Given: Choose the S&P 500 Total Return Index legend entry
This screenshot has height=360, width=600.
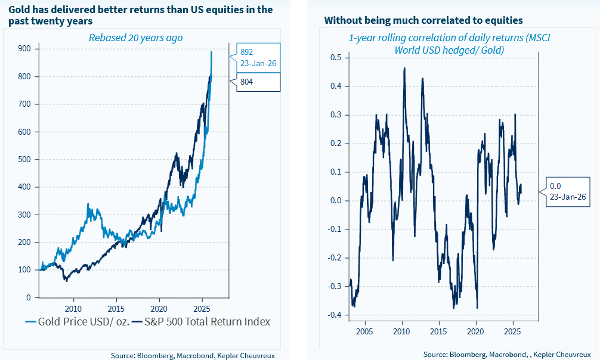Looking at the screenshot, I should point(200,322).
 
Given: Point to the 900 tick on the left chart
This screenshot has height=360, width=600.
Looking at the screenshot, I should point(24,49).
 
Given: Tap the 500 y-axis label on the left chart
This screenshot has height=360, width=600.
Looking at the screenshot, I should point(24,159).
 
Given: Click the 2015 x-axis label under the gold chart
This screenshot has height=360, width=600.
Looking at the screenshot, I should point(116,309).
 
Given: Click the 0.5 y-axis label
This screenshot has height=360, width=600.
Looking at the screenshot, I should point(336,58).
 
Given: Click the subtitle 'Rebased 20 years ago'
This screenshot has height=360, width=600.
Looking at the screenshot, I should point(135,38).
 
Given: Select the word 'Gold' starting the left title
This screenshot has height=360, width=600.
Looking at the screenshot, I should point(18,10).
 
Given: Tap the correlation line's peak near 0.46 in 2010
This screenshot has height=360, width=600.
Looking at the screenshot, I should point(404,69).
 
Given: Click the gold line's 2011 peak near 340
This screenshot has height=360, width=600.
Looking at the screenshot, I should point(88,204).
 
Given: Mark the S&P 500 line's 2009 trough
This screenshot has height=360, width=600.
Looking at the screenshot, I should point(66,280).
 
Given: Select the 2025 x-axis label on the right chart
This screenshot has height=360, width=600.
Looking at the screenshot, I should point(512,331).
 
